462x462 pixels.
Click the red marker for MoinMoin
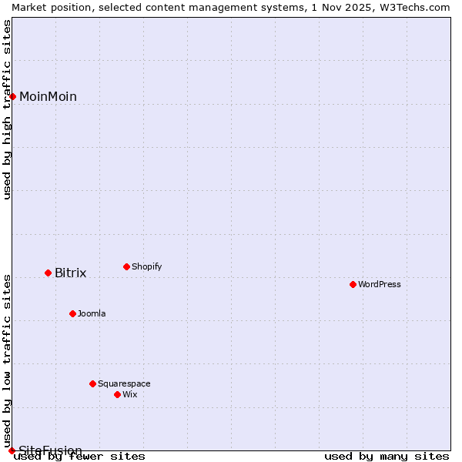(x=12, y=96)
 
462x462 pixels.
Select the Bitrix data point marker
(x=48, y=273)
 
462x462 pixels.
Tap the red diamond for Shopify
(x=126, y=266)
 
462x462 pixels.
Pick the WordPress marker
(x=353, y=284)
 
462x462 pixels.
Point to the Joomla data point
(x=72, y=313)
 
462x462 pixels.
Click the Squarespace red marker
(x=92, y=383)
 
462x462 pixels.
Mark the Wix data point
(x=117, y=394)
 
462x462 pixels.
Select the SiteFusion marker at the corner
(x=12, y=450)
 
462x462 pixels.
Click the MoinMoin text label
(x=48, y=96)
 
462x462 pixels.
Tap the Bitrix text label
(x=70, y=273)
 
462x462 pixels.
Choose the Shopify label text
(x=146, y=266)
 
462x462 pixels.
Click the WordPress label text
(x=379, y=284)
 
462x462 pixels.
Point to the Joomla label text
(x=92, y=313)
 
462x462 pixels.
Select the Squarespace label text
(x=124, y=383)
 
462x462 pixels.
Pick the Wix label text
(x=129, y=394)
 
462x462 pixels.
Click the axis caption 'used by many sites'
(x=387, y=456)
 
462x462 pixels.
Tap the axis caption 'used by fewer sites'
(x=79, y=456)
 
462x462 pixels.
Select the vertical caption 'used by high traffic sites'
(x=7, y=109)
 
